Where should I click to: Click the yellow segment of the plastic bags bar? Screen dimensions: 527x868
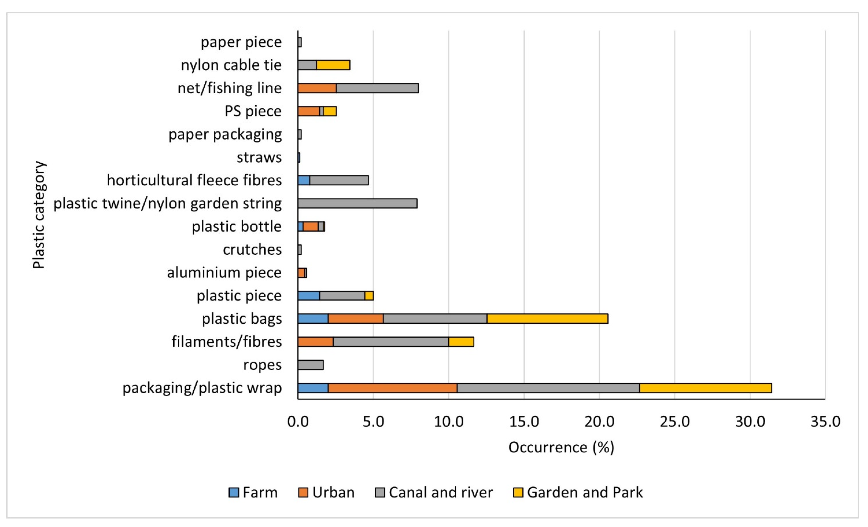[547, 319]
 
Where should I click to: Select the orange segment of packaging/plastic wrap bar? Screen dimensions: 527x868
[392, 388]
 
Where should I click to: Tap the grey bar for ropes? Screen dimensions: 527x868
[310, 365]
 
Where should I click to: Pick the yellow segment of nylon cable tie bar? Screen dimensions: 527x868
[333, 65]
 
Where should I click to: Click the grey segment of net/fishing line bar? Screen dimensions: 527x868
[377, 88]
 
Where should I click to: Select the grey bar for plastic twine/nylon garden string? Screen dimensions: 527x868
[357, 203]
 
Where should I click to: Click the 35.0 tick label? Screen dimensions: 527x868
[825, 422]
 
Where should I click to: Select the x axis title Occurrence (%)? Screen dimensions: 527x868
[561, 447]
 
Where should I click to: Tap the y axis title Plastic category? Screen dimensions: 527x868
[39, 215]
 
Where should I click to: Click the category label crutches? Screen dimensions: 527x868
[252, 250]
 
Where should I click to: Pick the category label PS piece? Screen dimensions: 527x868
[253, 111]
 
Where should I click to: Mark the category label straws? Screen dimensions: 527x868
[259, 157]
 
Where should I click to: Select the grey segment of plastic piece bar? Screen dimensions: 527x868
[342, 296]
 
